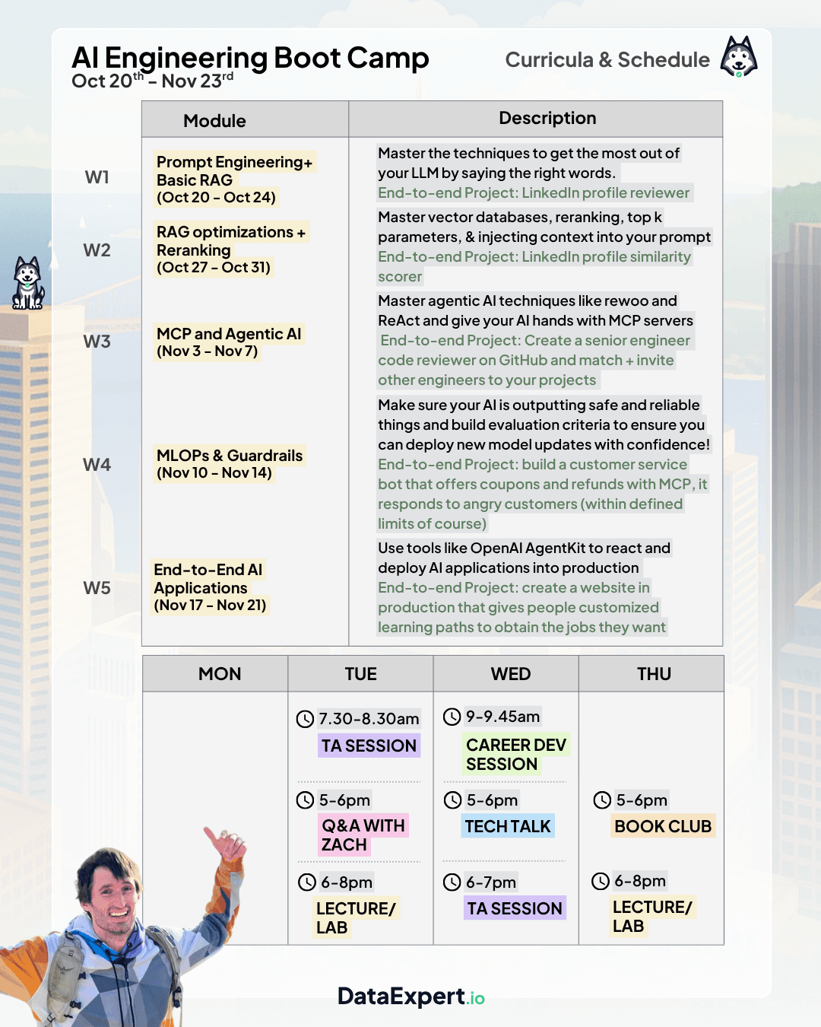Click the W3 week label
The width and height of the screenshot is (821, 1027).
click(x=97, y=342)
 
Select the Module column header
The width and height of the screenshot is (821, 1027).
click(x=214, y=121)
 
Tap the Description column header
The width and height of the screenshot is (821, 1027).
click(x=547, y=118)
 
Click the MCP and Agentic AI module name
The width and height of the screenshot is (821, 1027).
click(x=229, y=334)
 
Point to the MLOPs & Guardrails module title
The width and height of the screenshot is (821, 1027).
click(x=230, y=456)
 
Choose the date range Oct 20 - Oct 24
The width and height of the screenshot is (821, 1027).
click(x=216, y=198)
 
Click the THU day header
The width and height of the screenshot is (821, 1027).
click(x=654, y=674)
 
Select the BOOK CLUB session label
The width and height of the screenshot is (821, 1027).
click(x=663, y=826)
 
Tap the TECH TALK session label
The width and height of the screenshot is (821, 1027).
click(x=508, y=826)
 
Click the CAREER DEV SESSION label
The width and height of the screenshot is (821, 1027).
click(x=515, y=755)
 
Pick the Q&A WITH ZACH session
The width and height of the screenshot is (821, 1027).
click(x=363, y=835)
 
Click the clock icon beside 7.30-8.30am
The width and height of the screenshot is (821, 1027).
click(x=305, y=719)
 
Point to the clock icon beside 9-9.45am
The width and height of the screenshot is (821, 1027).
click(x=452, y=717)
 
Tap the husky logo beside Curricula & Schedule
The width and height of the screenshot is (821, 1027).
click(x=739, y=57)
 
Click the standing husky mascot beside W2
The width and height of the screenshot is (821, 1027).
click(x=28, y=283)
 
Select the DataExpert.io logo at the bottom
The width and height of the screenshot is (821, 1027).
click(x=411, y=997)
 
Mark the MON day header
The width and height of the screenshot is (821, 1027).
click(x=220, y=674)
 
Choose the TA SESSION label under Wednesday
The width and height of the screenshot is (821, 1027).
click(x=515, y=908)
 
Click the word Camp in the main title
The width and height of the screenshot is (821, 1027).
click(x=388, y=59)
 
